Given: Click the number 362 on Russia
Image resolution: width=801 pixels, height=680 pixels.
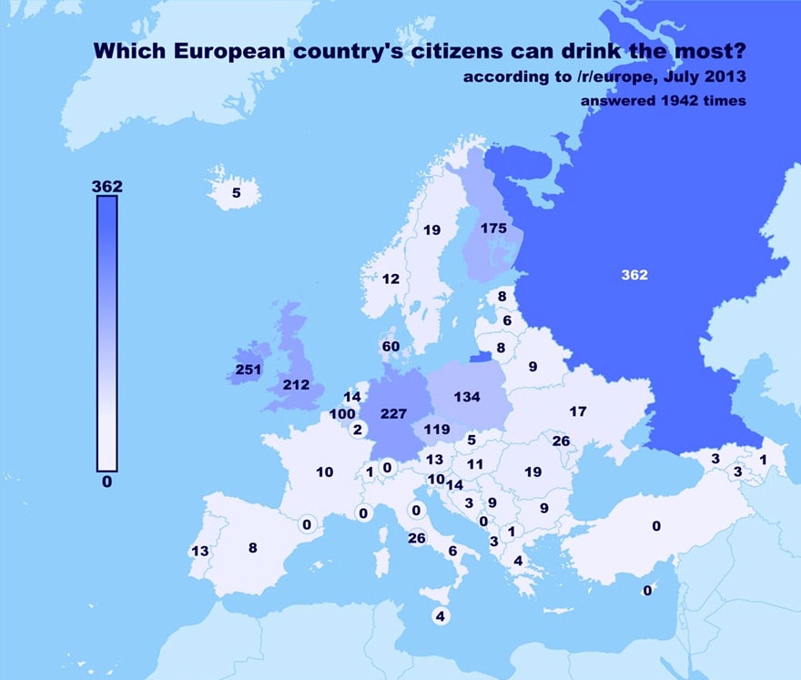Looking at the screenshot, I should click(634, 274).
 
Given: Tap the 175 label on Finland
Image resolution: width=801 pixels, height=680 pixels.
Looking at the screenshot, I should click(492, 228).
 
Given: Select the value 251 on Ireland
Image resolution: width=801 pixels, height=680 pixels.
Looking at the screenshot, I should click(248, 370).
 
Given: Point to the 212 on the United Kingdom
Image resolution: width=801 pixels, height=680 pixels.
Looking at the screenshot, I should click(297, 384).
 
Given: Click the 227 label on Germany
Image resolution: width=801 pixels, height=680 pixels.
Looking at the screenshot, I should click(393, 413).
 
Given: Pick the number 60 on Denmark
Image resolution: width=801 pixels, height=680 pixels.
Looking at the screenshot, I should click(391, 346).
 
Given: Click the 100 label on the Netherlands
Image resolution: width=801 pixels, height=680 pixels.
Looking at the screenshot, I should click(342, 414).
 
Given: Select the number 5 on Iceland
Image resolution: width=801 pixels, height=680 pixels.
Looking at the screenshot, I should click(236, 192).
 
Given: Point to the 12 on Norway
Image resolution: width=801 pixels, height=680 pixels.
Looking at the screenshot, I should click(390, 279).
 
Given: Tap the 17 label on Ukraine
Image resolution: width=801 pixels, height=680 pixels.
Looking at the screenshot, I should click(578, 411).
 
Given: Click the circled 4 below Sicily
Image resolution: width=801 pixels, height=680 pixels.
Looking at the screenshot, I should click(441, 616).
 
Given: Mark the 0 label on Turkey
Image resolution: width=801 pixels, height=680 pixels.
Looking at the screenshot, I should click(655, 525).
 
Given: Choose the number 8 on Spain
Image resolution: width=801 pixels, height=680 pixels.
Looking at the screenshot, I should click(253, 547).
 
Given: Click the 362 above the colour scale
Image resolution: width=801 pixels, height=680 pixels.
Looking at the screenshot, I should click(107, 187).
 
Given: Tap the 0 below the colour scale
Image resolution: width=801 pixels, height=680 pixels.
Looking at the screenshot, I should click(106, 482).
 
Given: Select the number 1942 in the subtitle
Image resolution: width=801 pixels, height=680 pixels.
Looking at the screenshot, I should click(677, 100).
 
